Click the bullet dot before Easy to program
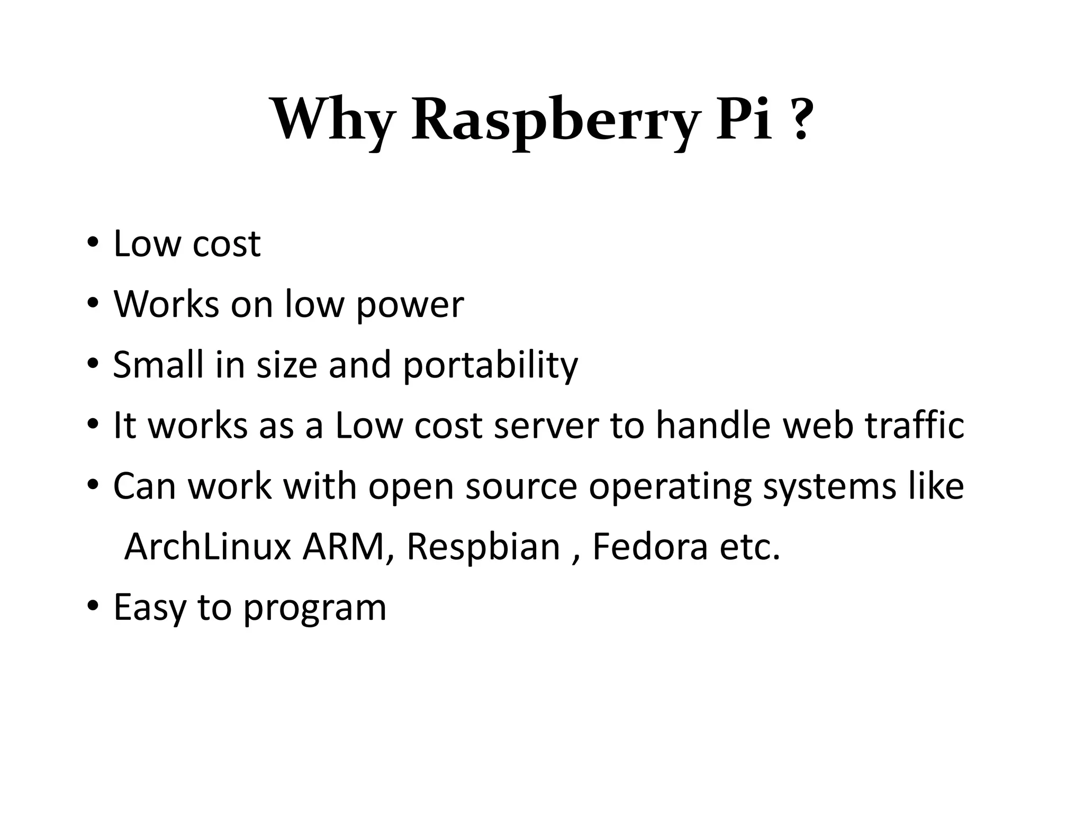point(93,607)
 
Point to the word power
point(410,305)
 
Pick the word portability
point(490,366)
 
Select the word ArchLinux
point(207,546)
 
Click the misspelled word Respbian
point(483,546)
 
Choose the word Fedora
point(649,546)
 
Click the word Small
point(158,365)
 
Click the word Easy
point(149,608)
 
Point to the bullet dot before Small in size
point(93,364)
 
